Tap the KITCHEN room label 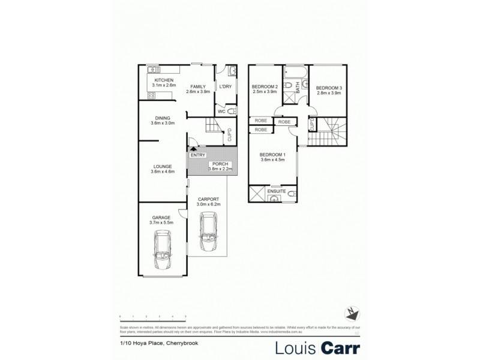pyautogui.click(x=164, y=80)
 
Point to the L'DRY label pyautogui.click(x=226, y=85)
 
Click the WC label pyautogui.click(x=221, y=110)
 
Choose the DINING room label pyautogui.click(x=163, y=118)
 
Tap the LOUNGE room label pyautogui.click(x=163, y=166)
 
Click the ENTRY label pyautogui.click(x=198, y=155)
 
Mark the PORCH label pyautogui.click(x=217, y=164)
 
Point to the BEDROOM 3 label pyautogui.click(x=329, y=86)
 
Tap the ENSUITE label pyautogui.click(x=277, y=191)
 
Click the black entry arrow pyautogui.click(x=193, y=149)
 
